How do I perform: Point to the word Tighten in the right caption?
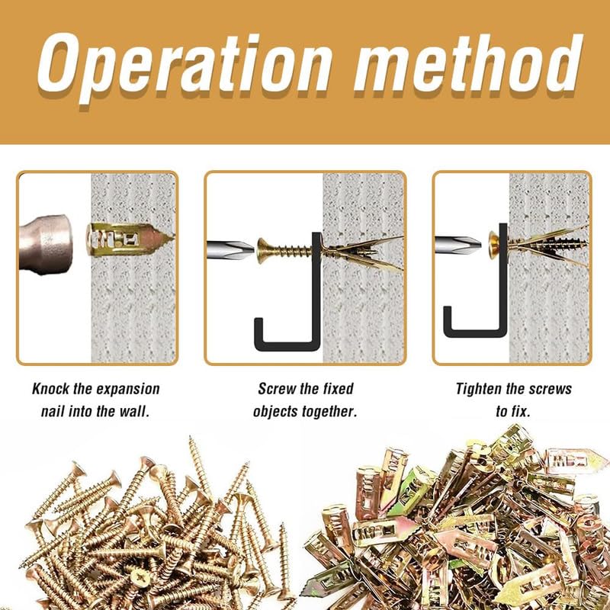[x=481, y=389]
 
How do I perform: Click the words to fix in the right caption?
[x=513, y=412]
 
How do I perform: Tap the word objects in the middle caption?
[x=278, y=412]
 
